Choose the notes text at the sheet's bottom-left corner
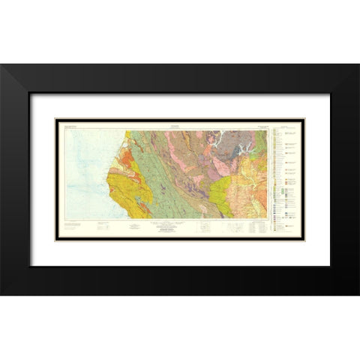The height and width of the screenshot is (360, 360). (x=72, y=225)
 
